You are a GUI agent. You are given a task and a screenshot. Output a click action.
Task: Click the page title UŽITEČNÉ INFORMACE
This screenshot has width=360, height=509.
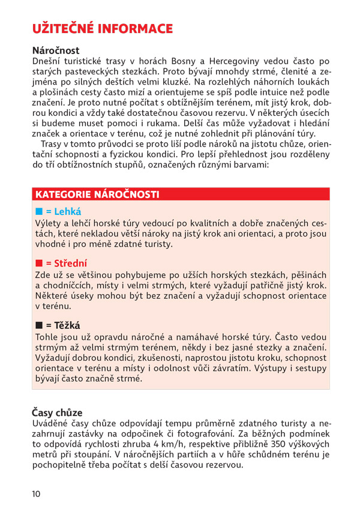click(x=103, y=29)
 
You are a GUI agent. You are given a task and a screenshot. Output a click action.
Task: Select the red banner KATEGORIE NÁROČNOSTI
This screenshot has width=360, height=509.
click(x=97, y=194)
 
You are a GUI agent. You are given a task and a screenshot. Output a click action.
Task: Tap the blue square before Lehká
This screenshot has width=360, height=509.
click(x=38, y=211)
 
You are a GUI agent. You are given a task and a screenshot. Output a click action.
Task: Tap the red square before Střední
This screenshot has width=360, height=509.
click(x=38, y=263)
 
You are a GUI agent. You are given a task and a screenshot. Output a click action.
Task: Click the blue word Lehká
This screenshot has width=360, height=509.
click(x=67, y=211)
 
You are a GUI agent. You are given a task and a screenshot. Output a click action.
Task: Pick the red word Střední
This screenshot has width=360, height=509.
click(x=70, y=263)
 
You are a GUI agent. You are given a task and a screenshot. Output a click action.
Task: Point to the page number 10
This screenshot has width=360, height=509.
click(x=37, y=493)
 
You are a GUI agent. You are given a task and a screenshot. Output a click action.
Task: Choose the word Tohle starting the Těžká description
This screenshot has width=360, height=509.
click(x=47, y=336)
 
